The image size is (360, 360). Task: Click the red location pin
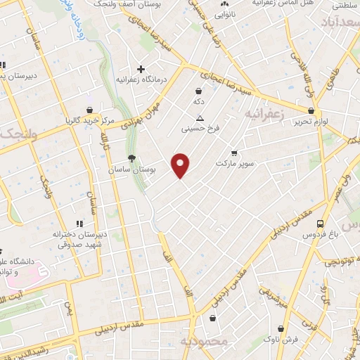coord(181,165)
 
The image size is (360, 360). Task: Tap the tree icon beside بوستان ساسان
coord(131,158)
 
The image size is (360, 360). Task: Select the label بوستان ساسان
coord(131,170)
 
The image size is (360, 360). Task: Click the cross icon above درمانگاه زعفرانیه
coord(141,69)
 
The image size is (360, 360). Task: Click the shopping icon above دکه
coord(199,91)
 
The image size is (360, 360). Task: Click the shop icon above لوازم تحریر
coord(311,110)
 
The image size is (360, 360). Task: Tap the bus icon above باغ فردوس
coord(320,224)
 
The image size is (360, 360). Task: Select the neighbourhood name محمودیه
coord(205,342)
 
